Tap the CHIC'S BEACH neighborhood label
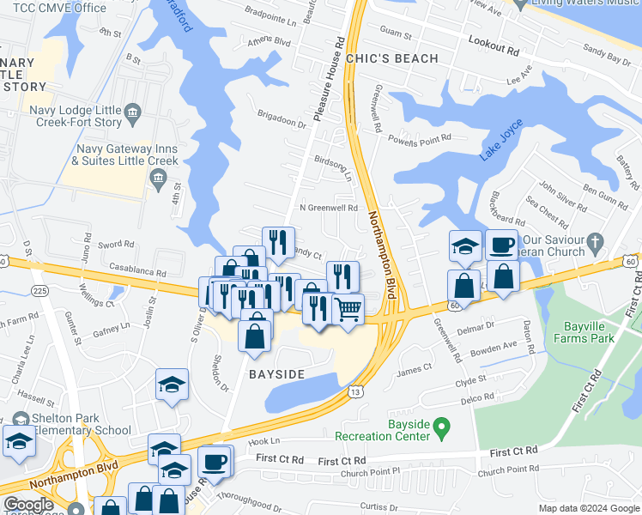(x=391, y=58)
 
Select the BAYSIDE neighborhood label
(x=276, y=375)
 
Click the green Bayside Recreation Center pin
(x=441, y=425)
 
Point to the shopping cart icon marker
(x=347, y=309)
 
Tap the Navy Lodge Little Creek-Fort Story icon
(x=132, y=112)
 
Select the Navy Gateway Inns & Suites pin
(x=157, y=178)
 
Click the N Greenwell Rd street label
(x=328, y=208)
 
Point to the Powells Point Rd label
(x=420, y=138)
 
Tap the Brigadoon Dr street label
(x=282, y=118)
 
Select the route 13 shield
(x=354, y=391)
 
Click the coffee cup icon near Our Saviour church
(x=502, y=245)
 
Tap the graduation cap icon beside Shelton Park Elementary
(x=19, y=442)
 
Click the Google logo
(x=28, y=505)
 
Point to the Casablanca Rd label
(x=136, y=271)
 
